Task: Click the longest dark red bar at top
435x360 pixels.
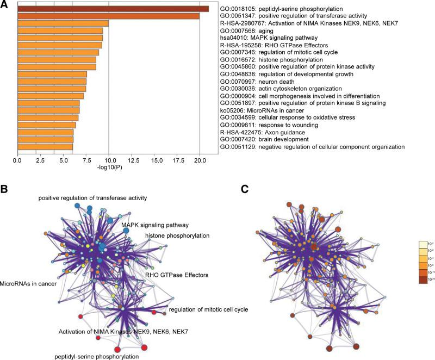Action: click(x=113, y=9)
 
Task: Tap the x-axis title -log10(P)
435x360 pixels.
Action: click(x=109, y=168)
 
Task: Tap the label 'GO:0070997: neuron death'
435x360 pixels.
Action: click(x=254, y=81)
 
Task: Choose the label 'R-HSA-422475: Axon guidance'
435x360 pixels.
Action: click(x=258, y=132)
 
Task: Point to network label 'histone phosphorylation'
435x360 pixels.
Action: click(x=177, y=235)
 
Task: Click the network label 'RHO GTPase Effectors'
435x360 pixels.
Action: click(x=177, y=275)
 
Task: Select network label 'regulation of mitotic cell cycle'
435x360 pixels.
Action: click(x=209, y=309)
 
